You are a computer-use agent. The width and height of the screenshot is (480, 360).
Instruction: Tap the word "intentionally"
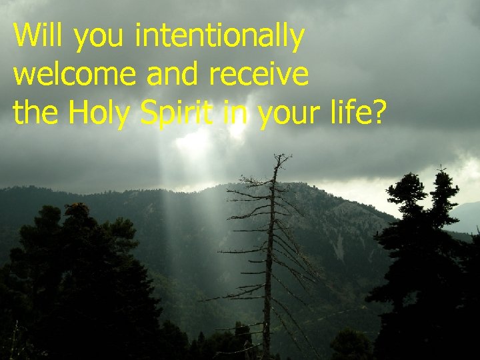(219, 37)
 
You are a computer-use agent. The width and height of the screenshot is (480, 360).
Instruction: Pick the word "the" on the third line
(36, 113)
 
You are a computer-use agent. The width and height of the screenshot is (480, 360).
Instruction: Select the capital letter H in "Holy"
(79, 113)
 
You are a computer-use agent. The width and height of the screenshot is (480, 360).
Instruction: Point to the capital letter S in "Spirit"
(150, 113)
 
